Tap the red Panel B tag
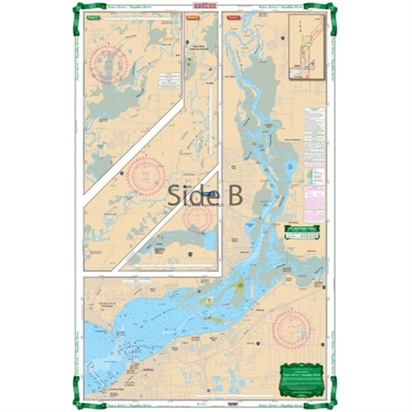coord(193,18)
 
